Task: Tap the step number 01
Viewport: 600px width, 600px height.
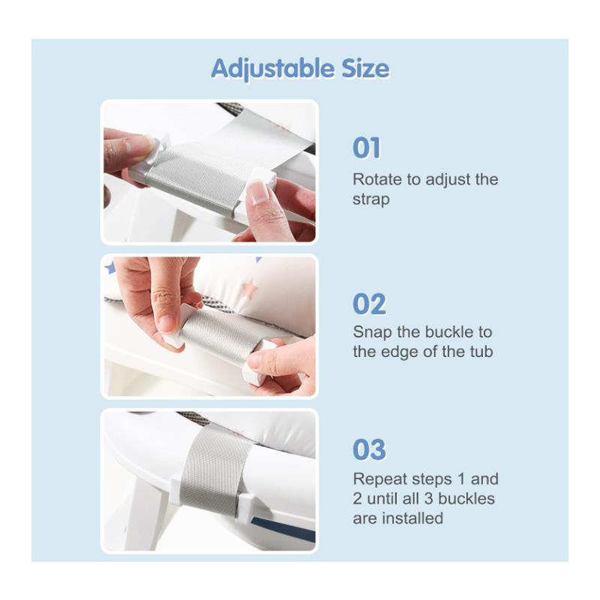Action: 367,148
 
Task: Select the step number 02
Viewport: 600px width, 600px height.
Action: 369,304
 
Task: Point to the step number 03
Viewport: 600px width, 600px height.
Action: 369,450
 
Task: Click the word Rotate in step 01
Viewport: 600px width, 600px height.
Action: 376,180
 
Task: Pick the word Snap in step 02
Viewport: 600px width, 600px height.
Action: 370,332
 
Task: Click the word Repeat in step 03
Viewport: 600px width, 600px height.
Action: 378,479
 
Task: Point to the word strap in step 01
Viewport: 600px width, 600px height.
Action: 371,200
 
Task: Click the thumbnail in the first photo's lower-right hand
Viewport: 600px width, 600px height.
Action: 257,193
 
